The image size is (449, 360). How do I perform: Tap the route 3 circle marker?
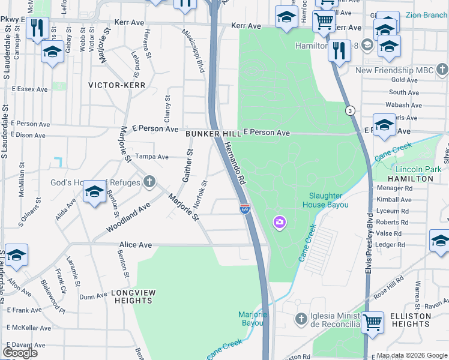(x=350, y=110)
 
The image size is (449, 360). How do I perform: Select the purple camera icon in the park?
(x=279, y=223)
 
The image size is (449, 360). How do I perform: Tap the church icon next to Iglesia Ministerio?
(x=301, y=317)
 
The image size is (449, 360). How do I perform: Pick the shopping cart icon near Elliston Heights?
(x=372, y=322)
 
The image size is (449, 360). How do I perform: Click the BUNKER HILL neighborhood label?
(x=208, y=133)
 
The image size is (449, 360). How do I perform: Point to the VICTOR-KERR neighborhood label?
(x=117, y=85)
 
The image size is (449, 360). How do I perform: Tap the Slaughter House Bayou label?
(x=325, y=200)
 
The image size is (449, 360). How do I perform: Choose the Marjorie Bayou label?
(x=252, y=319)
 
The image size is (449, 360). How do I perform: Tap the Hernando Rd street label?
(x=235, y=162)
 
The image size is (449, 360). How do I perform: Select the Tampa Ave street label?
(x=151, y=157)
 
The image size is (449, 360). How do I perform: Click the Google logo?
(x=20, y=352)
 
